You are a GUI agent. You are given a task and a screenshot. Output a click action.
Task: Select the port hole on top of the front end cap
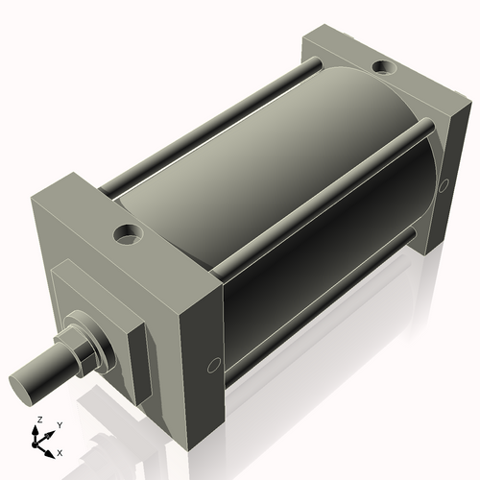[x=126, y=232]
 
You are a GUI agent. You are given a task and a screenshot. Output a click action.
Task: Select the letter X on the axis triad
[x=60, y=451]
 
